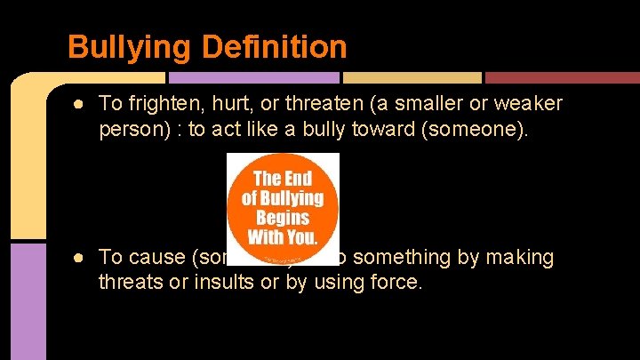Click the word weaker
point(529,104)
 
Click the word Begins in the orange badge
point(283,217)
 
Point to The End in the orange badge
point(283,178)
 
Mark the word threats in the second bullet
point(129,283)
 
